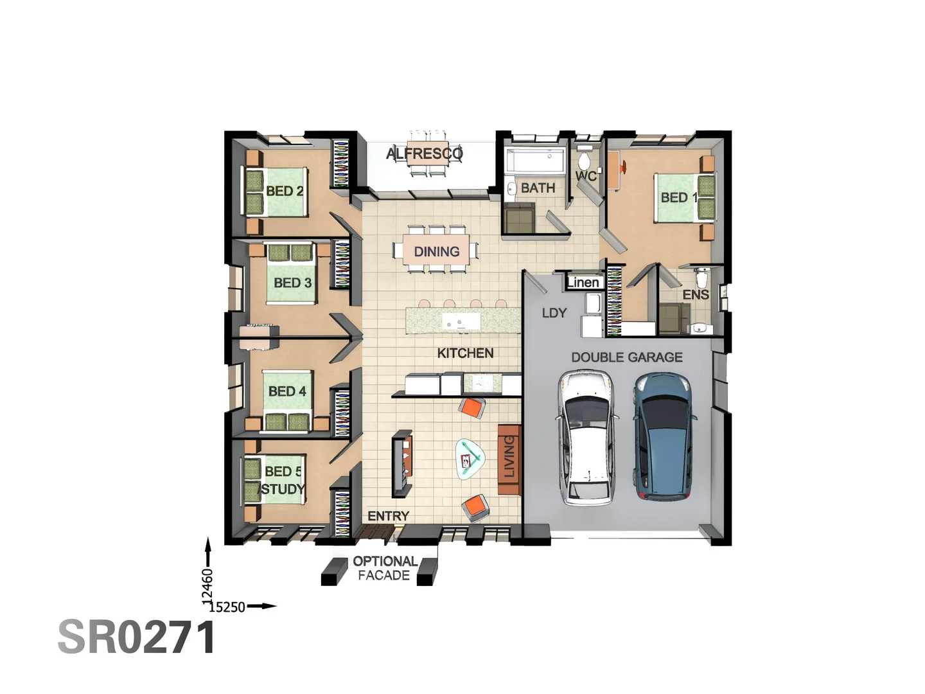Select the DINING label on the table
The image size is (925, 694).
436,251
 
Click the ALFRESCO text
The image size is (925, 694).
424,154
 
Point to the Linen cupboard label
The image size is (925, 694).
583,282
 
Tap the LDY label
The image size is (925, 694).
554,313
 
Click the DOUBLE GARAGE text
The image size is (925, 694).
626,357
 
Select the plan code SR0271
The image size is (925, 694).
137,637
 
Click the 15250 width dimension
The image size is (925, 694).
227,607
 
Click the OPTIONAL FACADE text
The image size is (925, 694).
384,568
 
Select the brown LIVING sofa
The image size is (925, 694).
509,459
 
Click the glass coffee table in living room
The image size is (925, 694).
471,459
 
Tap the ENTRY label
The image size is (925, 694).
388,516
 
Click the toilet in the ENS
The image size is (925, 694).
702,279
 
